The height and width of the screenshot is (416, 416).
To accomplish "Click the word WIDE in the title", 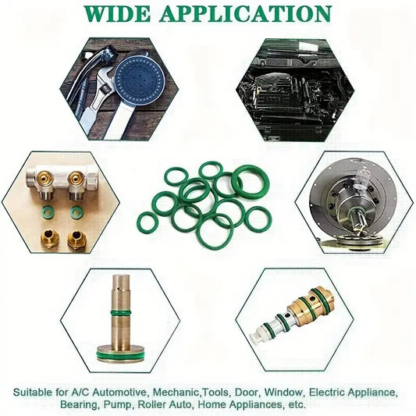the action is pyautogui.click(x=117, y=14).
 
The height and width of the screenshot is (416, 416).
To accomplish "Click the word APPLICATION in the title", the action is pyautogui.click(x=246, y=14).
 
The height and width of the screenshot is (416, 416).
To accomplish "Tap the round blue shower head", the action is pyautogui.click(x=139, y=76).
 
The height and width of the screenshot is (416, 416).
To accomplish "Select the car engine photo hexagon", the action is pyautogui.click(x=295, y=90).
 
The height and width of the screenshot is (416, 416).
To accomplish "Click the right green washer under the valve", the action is pyautogui.click(x=77, y=212).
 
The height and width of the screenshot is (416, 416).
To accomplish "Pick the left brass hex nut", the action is pyautogui.click(x=50, y=239).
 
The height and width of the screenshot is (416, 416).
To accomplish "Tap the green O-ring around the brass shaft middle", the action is pyautogui.click(x=121, y=312).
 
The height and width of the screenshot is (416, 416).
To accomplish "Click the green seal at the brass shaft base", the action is pyautogui.click(x=121, y=355).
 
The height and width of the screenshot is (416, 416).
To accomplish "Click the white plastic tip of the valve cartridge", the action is pyautogui.click(x=258, y=337).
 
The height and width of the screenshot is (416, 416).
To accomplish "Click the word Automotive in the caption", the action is pyautogui.click(x=119, y=392).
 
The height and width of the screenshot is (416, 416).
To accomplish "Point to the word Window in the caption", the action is pyautogui.click(x=284, y=392).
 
